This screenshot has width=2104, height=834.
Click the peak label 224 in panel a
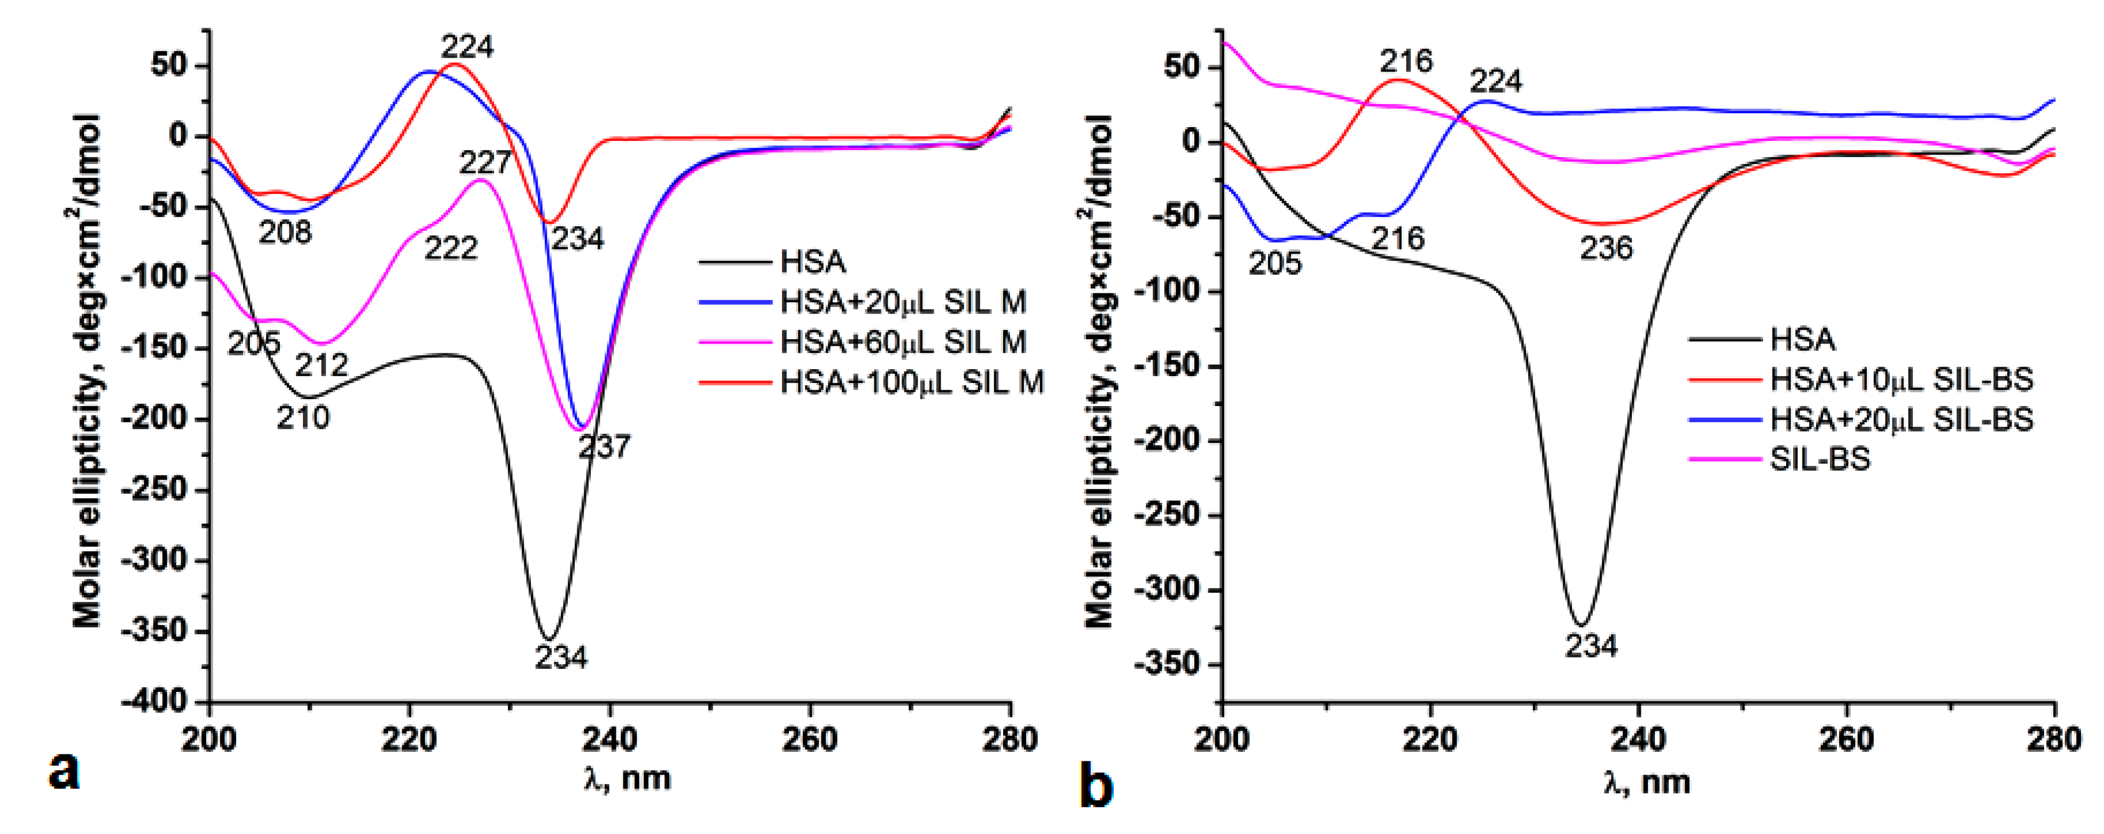click(x=467, y=48)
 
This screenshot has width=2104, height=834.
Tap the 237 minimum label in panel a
click(x=605, y=447)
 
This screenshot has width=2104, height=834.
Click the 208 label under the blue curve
click(x=285, y=233)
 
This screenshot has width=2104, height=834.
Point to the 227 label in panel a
click(x=485, y=162)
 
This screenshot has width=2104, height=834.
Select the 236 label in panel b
click(x=1606, y=248)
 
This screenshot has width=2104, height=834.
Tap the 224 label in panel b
click(x=1496, y=81)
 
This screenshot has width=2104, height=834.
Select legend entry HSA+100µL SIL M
click(x=911, y=381)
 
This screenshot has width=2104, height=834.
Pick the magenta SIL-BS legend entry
click(x=1820, y=459)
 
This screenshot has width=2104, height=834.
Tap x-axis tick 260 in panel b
click(x=1846, y=739)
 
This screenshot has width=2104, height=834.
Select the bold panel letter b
click(x=1096, y=786)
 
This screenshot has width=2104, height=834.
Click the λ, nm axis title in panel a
click(x=627, y=778)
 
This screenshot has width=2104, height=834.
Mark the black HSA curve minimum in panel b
click(x=1582, y=625)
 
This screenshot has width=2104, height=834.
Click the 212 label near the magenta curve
click(x=321, y=364)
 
